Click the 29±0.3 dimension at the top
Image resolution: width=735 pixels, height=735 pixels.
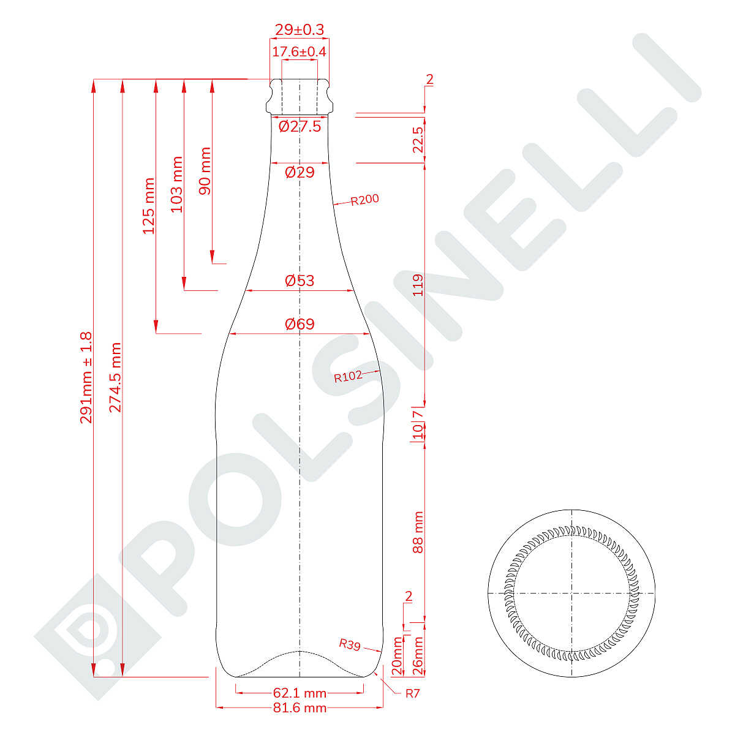click(x=300, y=30)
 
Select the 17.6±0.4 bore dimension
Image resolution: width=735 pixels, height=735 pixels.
click(x=300, y=51)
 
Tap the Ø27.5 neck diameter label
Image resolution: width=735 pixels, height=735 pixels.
click(x=300, y=126)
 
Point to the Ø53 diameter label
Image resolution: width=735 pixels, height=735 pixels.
click(x=300, y=281)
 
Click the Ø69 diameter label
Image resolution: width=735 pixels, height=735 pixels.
click(x=300, y=324)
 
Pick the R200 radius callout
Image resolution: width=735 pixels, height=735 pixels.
click(x=364, y=200)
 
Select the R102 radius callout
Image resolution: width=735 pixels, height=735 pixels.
click(x=348, y=377)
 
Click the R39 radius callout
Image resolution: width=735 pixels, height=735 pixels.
click(x=350, y=644)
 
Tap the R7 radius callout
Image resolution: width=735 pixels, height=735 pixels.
click(x=412, y=693)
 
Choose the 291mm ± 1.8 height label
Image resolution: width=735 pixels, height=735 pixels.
click(x=86, y=378)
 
